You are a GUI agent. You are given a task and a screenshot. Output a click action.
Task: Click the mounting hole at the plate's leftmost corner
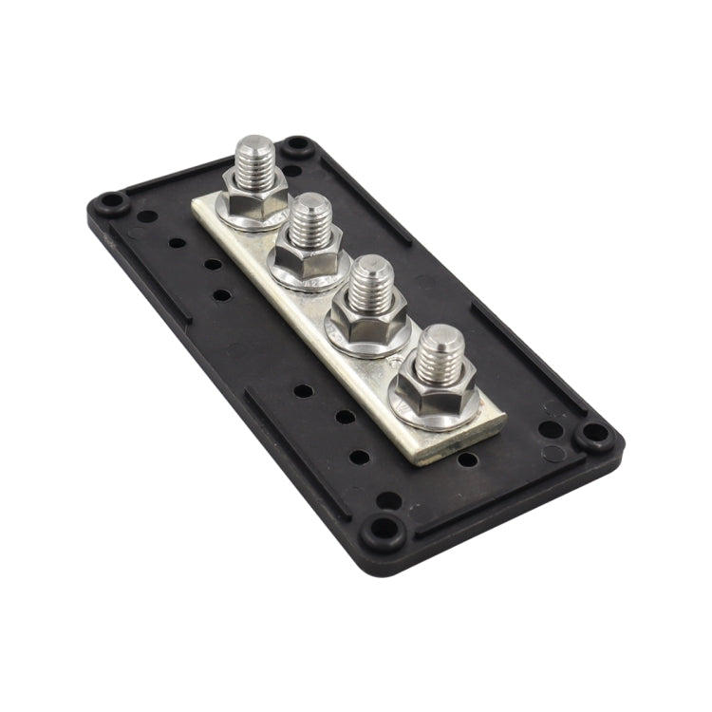(112, 202)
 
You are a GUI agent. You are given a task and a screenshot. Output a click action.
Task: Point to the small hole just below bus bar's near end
(467, 459)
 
